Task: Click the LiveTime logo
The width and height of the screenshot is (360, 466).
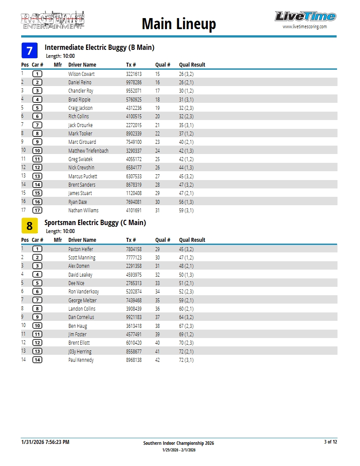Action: click(305, 17)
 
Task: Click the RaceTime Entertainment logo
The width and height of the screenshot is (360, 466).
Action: click(52, 20)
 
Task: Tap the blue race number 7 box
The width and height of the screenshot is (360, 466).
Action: click(30, 51)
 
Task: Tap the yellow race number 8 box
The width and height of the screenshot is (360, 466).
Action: click(30, 226)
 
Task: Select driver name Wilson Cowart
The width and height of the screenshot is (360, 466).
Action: click(81, 74)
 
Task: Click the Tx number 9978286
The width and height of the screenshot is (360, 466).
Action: click(134, 83)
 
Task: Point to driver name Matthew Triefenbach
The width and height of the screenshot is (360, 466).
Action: click(88, 151)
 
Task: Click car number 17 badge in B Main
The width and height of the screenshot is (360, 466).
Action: click(37, 210)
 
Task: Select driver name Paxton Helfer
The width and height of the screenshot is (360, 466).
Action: click(81, 249)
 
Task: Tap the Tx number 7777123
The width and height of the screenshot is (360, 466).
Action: click(134, 258)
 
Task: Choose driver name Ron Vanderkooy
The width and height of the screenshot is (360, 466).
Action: click(83, 292)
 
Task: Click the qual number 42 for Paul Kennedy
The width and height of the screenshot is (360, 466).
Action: click(157, 360)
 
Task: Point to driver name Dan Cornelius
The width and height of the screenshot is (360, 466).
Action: click(81, 317)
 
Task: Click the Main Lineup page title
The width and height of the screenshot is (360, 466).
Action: click(179, 23)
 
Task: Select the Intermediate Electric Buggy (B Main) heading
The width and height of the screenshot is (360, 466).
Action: click(99, 48)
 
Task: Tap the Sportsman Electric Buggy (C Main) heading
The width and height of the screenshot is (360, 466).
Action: click(95, 223)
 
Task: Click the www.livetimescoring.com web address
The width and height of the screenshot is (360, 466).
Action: click(304, 26)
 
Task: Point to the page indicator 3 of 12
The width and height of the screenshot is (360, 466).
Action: click(330, 442)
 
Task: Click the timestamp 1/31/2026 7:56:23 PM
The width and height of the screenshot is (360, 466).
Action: click(45, 442)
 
